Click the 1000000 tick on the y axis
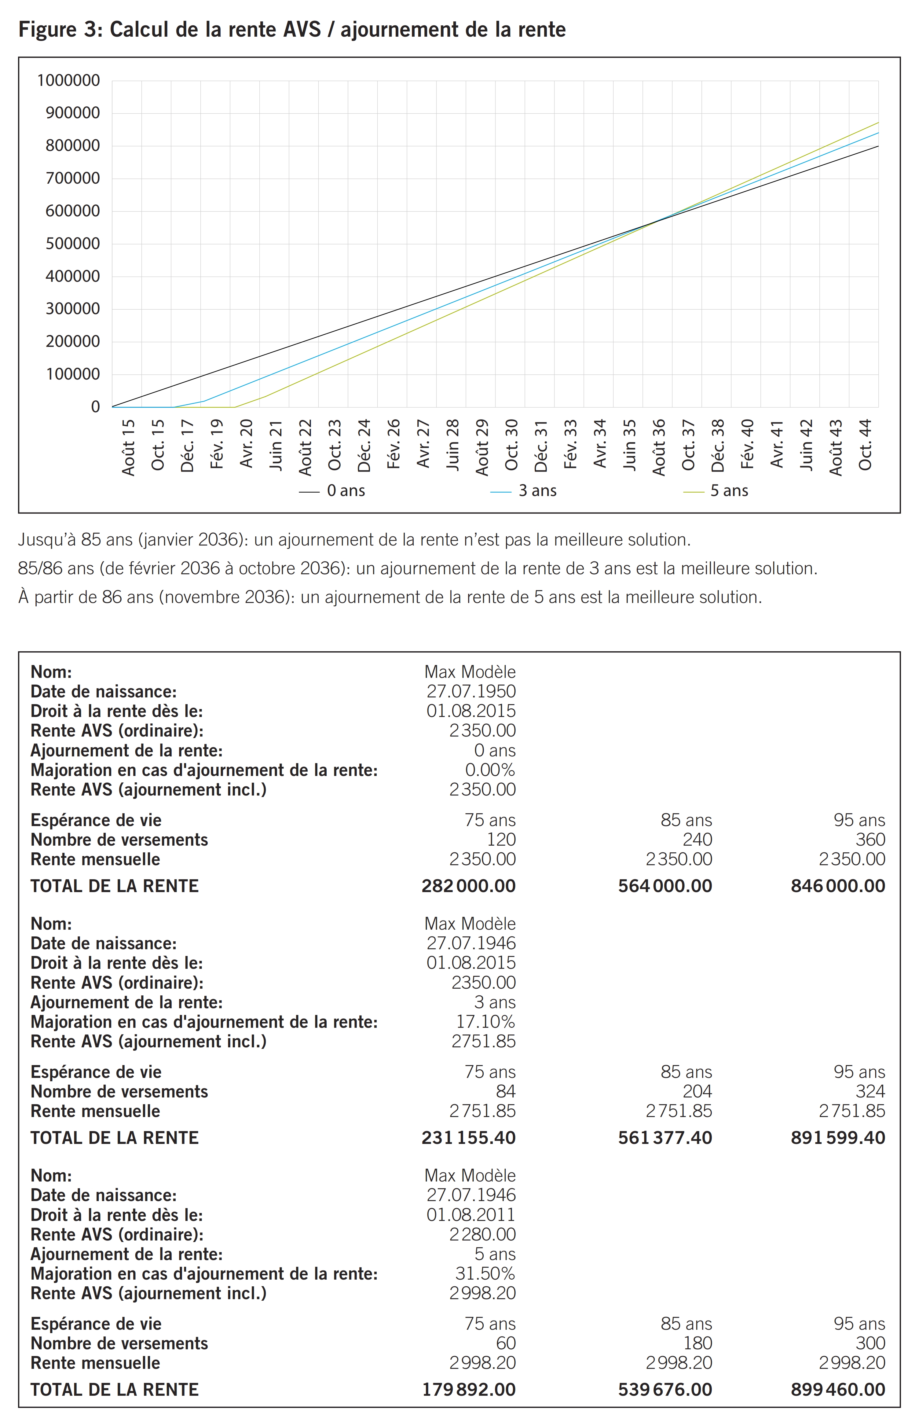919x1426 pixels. (69, 81)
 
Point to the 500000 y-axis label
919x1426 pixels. (73, 244)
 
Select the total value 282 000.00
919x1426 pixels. (468, 886)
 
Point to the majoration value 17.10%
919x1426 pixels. (485, 1022)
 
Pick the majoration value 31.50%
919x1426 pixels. (485, 1274)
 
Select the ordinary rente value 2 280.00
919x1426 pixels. (482, 1234)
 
